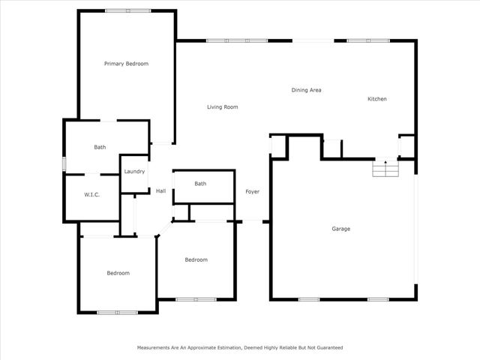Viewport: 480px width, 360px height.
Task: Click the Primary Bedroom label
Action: (x=126, y=64)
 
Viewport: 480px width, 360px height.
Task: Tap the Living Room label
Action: (x=223, y=107)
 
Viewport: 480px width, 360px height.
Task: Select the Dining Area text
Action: (x=307, y=90)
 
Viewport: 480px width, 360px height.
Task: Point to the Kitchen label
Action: (x=376, y=99)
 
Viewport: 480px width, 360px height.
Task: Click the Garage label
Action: (x=341, y=229)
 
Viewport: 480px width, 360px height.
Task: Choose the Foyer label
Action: (x=253, y=192)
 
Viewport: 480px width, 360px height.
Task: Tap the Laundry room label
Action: (x=134, y=172)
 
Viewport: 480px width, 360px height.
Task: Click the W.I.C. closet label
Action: (x=91, y=195)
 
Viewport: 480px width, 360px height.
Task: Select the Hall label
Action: (x=160, y=191)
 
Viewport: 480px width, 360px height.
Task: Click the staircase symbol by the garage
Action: (x=385, y=169)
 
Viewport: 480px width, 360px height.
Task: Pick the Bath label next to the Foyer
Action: (x=200, y=184)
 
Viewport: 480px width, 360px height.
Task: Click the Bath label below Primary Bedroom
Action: (x=100, y=147)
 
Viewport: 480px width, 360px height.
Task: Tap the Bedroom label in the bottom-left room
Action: (x=118, y=273)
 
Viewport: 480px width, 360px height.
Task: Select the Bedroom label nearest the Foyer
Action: (x=196, y=259)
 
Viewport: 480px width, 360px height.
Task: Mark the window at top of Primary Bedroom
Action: (x=127, y=10)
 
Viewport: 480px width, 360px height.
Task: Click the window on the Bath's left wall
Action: (x=64, y=163)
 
